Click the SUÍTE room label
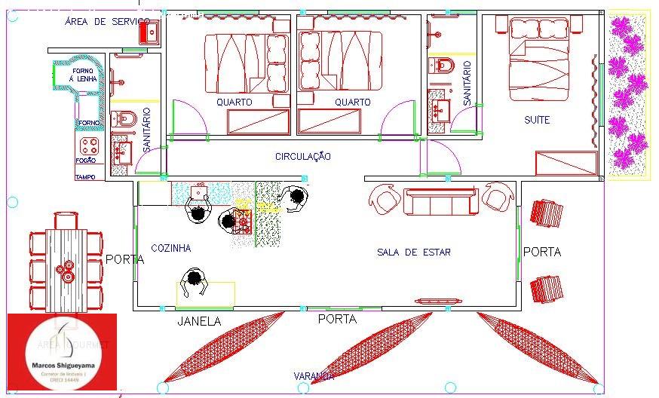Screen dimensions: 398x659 click(537, 120)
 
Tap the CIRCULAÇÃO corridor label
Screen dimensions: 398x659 click(303, 157)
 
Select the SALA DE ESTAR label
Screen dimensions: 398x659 click(413, 253)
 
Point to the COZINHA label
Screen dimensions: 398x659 click(171, 248)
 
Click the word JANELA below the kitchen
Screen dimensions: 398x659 click(199, 321)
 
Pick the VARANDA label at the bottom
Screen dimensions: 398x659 click(314, 375)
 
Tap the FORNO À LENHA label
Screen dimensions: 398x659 click(81, 75)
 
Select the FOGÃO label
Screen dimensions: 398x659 click(85, 161)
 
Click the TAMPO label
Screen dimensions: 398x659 click(84, 178)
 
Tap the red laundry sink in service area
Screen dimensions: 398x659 click(149, 32)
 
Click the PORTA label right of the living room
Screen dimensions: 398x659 click(541, 252)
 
